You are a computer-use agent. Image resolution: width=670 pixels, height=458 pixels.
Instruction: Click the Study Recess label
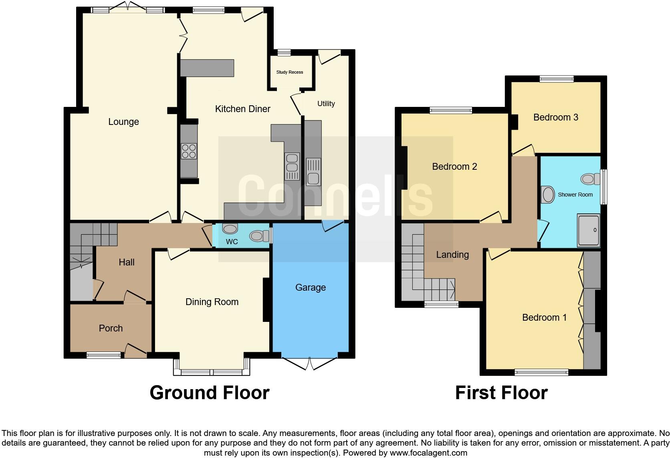click(289, 72)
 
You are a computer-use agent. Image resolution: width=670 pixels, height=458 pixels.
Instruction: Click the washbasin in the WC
click(230, 229)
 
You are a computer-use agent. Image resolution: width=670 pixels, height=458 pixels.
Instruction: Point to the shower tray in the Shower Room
click(588, 231)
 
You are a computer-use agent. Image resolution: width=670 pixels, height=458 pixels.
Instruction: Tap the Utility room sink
click(313, 172)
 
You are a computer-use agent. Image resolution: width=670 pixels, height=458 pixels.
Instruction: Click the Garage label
click(310, 287)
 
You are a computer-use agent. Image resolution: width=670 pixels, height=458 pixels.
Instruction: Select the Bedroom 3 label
click(555, 117)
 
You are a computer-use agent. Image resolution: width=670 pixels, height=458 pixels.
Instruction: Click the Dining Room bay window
click(212, 372)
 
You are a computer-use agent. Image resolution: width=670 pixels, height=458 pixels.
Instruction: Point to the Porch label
click(111, 328)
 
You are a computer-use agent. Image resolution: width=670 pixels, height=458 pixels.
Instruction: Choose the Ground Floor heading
click(209, 393)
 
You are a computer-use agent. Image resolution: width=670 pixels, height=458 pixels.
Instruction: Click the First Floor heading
click(501, 393)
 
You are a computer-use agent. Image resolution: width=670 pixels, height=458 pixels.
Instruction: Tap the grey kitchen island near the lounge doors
click(207, 68)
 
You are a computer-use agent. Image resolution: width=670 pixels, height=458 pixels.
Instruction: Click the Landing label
click(452, 255)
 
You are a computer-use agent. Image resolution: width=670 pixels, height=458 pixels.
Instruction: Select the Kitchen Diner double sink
click(292, 166)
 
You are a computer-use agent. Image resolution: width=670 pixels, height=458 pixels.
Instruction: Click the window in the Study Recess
click(284, 52)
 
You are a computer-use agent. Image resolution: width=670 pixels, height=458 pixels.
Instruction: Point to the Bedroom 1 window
click(541, 372)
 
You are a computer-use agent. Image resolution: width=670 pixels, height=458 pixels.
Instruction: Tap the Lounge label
click(123, 122)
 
